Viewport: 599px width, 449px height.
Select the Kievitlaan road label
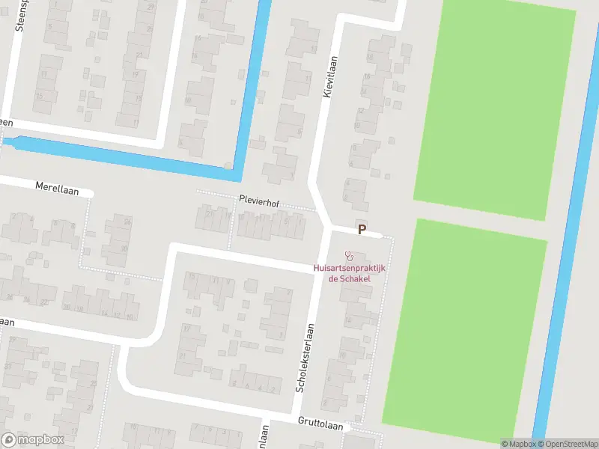click(x=326, y=78)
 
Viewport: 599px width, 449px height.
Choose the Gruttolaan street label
click(x=320, y=424)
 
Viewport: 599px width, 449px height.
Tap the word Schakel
click(x=356, y=278)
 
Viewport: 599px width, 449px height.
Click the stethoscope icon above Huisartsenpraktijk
click(x=348, y=256)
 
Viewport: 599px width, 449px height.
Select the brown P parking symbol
click(x=362, y=230)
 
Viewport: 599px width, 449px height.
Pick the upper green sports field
click(x=494, y=105)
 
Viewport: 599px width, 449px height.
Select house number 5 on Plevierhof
click(x=286, y=222)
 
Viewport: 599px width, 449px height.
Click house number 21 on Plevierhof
click(x=209, y=215)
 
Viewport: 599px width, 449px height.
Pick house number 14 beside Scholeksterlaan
click(x=347, y=320)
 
